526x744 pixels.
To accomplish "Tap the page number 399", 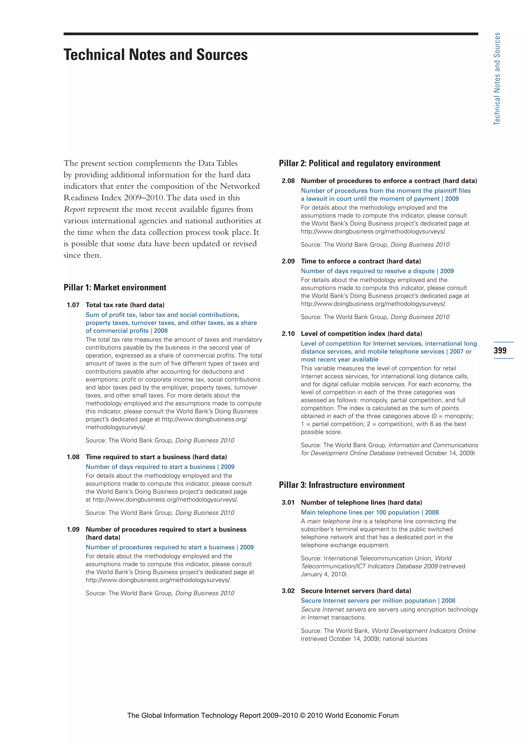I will tap(500, 350).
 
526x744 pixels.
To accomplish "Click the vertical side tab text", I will tap(497, 79).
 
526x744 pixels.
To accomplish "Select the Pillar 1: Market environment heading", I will tap(115, 287).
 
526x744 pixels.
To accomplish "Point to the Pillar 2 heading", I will tap(360, 163).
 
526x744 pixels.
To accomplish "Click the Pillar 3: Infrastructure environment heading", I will tap(342, 485).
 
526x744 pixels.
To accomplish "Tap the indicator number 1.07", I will tap(73, 305).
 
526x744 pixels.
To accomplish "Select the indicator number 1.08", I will tap(73, 457).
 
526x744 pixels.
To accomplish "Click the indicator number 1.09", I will tap(73, 529).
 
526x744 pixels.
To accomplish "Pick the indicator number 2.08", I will tap(288, 181).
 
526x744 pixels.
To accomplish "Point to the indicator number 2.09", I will tap(288, 261).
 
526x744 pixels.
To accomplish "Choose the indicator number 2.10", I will tap(288, 333).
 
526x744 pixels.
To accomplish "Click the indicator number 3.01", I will tap(288, 502).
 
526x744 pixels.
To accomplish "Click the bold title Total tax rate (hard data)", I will tap(125, 305).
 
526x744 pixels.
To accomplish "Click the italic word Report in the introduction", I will tap(74, 209).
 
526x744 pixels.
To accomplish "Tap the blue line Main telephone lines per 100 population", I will tap(360, 512).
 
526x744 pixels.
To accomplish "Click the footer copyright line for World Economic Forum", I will tap(263, 715).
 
